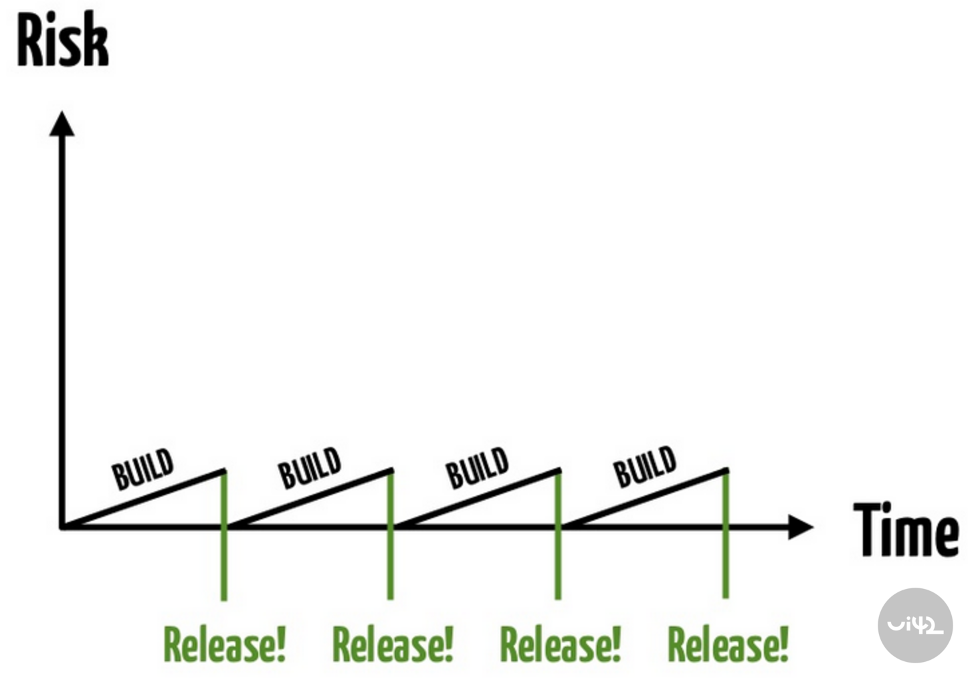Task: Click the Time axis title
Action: pyautogui.click(x=906, y=529)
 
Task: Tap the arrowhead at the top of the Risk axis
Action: pyautogui.click(x=62, y=124)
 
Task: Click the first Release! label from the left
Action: pyautogui.click(x=225, y=645)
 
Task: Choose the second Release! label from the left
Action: pyautogui.click(x=393, y=645)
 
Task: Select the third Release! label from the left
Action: pyautogui.click(x=561, y=645)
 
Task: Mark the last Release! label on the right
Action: pyautogui.click(x=728, y=645)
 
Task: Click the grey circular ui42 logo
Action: pyautogui.click(x=914, y=625)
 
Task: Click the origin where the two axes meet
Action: pyautogui.click(x=62, y=527)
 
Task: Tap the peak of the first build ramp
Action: pyautogui.click(x=223, y=471)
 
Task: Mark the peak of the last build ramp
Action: pyautogui.click(x=726, y=471)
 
